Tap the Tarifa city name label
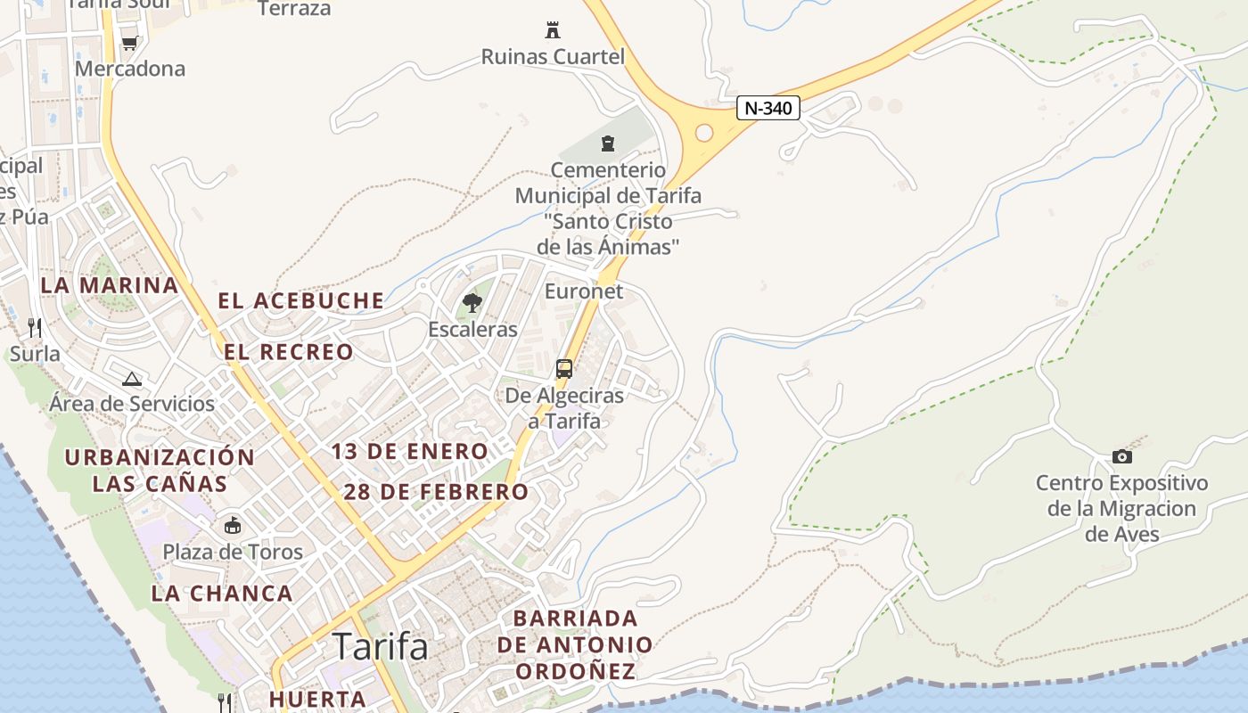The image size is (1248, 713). pyautogui.click(x=380, y=646)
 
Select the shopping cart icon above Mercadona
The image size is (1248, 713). pyautogui.click(x=129, y=43)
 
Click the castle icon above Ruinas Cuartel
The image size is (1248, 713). pyautogui.click(x=553, y=30)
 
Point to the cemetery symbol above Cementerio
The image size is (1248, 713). pyautogui.click(x=608, y=143)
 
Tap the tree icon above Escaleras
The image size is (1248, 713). pyautogui.click(x=472, y=304)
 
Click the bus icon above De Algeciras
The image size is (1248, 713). pyautogui.click(x=564, y=369)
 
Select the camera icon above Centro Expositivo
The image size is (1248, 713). pyautogui.click(x=1122, y=457)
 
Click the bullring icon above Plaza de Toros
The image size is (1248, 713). pyautogui.click(x=233, y=526)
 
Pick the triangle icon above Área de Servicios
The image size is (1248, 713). pyautogui.click(x=132, y=379)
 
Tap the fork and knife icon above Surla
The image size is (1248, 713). pyautogui.click(x=35, y=328)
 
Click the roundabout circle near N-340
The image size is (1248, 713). pyautogui.click(x=704, y=133)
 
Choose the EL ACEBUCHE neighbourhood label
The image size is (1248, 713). pyautogui.click(x=301, y=301)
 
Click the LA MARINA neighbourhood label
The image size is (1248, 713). pyautogui.click(x=110, y=285)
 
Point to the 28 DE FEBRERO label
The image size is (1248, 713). pyautogui.click(x=436, y=492)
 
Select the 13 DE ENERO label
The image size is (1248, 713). pyautogui.click(x=410, y=452)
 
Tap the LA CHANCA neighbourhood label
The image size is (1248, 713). pyautogui.click(x=222, y=594)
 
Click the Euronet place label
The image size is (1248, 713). pyautogui.click(x=584, y=291)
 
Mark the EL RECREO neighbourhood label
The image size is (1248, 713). pyautogui.click(x=289, y=352)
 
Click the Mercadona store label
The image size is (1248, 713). pyautogui.click(x=130, y=69)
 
